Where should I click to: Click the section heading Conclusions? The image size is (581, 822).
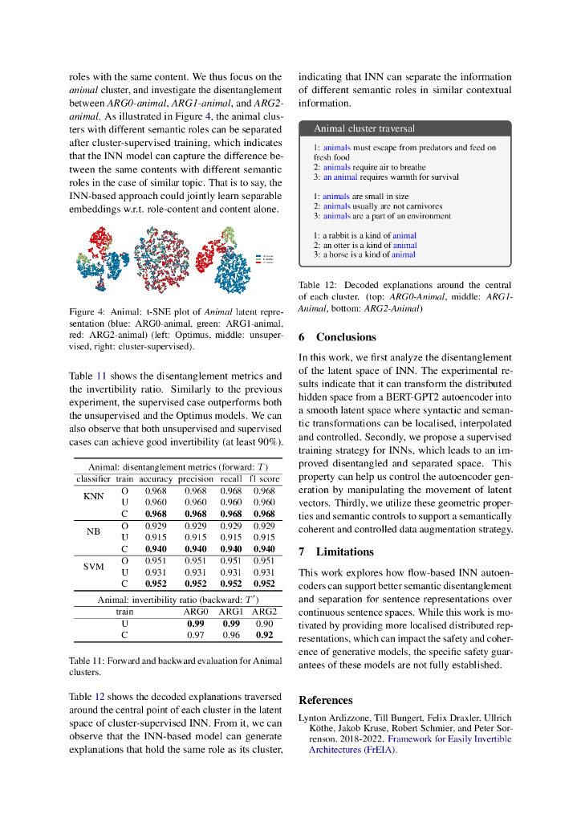tap(346, 337)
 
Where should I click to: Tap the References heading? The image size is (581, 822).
tap(325, 700)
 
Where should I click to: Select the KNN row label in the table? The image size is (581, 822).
tap(94, 496)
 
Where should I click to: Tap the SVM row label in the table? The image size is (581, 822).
tap(94, 566)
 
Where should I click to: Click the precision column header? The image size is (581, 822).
tap(195, 479)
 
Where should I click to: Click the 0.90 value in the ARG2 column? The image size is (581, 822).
tap(264, 623)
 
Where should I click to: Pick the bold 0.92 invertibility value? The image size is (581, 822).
tap(264, 635)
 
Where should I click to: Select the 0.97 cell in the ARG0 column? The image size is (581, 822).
tap(195, 635)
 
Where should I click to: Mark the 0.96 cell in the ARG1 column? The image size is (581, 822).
tap(230, 635)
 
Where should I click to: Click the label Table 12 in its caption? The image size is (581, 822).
tap(315, 284)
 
